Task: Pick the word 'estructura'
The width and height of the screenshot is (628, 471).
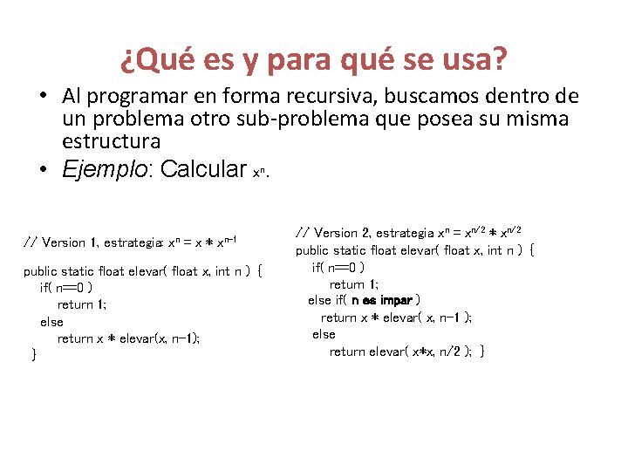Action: click(x=111, y=140)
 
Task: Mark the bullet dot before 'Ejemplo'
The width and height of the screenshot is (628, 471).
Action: click(x=42, y=169)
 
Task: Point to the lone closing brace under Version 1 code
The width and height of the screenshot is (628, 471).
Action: click(x=32, y=354)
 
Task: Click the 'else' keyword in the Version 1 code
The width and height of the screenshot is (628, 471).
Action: click(x=51, y=322)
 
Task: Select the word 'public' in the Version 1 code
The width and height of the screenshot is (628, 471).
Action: click(x=40, y=271)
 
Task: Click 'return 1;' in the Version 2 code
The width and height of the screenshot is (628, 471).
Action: click(x=353, y=284)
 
